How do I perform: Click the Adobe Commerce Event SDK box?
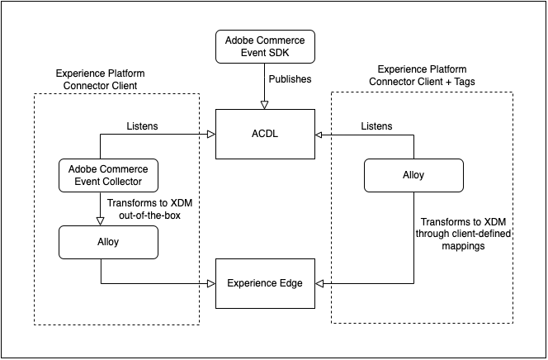(265, 47)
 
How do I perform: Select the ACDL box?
(265, 134)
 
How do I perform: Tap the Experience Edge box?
(265, 283)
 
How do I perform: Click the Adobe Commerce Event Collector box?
(108, 175)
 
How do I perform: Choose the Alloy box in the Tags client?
(413, 175)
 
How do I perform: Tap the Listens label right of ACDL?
(377, 126)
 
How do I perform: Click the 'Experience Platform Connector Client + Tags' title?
(423, 75)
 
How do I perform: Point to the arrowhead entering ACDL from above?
(265, 105)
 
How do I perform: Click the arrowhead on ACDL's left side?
(210, 134)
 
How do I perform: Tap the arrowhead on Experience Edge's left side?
(210, 283)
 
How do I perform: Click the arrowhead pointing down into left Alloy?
(100, 220)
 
